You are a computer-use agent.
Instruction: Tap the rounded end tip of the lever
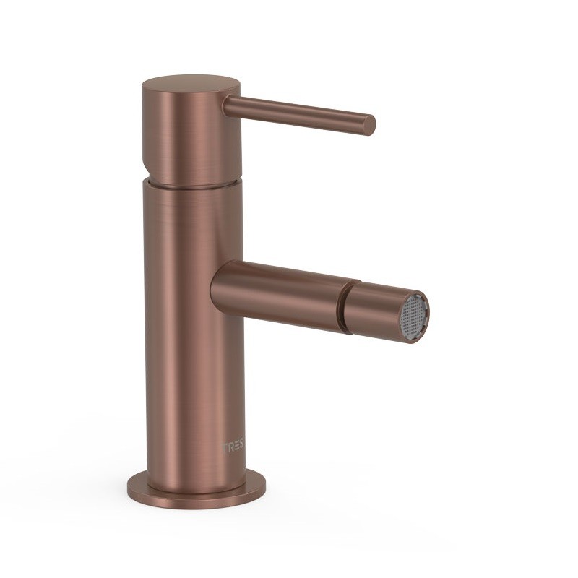coord(369,125)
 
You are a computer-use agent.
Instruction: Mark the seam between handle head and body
coord(192,184)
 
